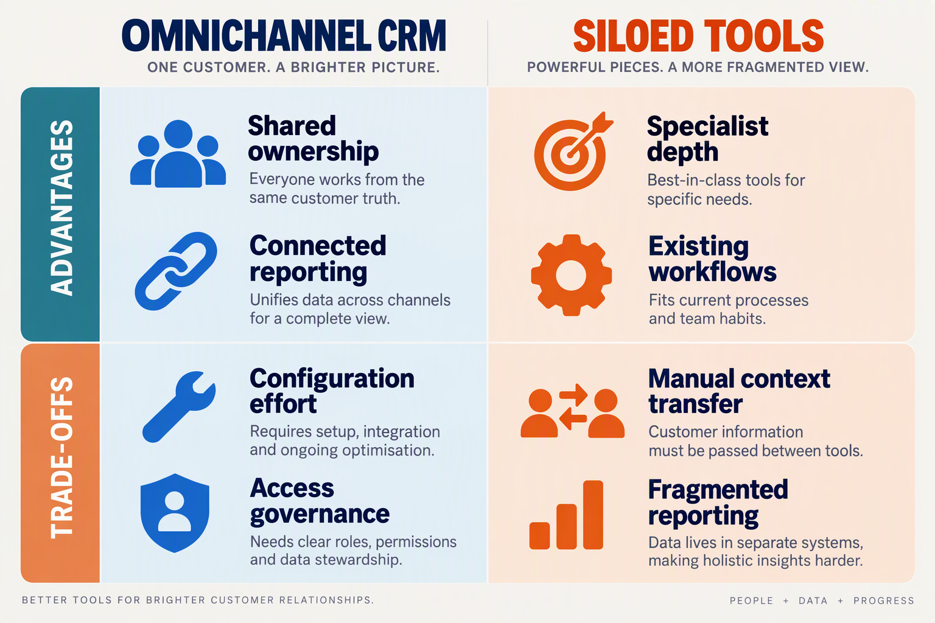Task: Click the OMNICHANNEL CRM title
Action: pyautogui.click(x=284, y=36)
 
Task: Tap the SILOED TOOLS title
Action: pyautogui.click(x=698, y=36)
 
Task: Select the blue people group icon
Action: pyautogui.click(x=178, y=153)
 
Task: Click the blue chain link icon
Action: pyautogui.click(x=176, y=271)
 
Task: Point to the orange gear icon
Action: pyautogui.click(x=571, y=275)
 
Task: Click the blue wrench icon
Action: pyautogui.click(x=178, y=406)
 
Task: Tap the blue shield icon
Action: pyautogui.click(x=175, y=513)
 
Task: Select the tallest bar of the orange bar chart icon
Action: pyautogui.click(x=593, y=515)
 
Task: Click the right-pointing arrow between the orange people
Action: pyautogui.click(x=573, y=395)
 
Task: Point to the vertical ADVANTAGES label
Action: pyautogui.click(x=61, y=208)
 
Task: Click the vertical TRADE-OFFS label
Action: pyautogui.click(x=61, y=458)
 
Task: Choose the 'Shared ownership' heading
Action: pyautogui.click(x=313, y=138)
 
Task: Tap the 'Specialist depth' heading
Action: pyautogui.click(x=707, y=139)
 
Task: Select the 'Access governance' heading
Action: pyautogui.click(x=320, y=501)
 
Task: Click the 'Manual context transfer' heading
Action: pyautogui.click(x=739, y=391)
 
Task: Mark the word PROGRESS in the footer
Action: pyautogui.click(x=884, y=600)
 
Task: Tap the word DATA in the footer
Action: pyautogui.click(x=813, y=600)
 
